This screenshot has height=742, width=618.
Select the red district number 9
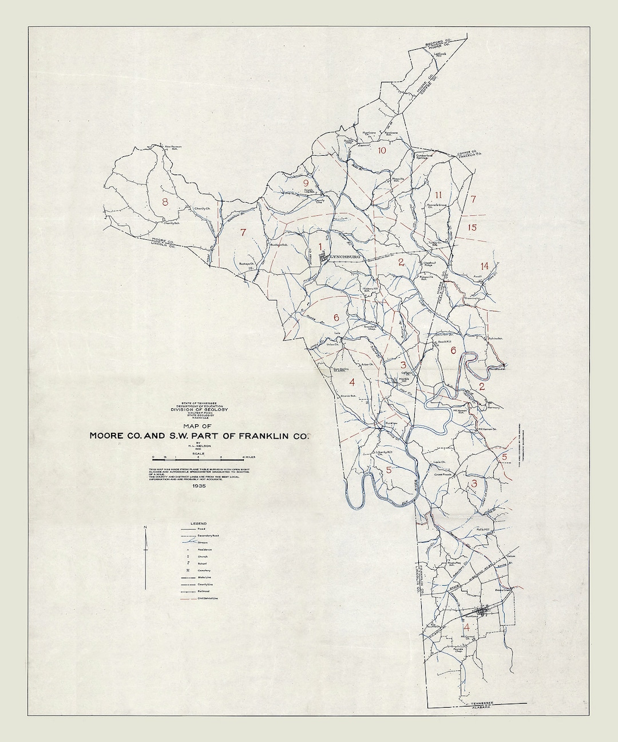click(x=306, y=184)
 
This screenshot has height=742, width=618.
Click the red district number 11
click(x=439, y=194)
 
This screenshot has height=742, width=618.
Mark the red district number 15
click(x=472, y=228)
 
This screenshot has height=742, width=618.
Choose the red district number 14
click(x=485, y=266)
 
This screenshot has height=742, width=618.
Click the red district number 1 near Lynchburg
click(x=321, y=247)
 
